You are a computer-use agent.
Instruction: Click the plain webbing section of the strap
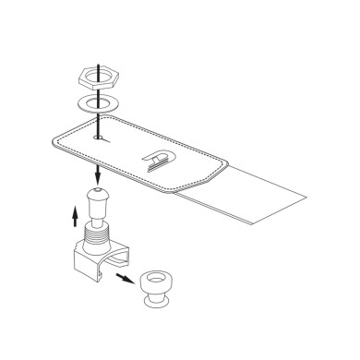(258, 194)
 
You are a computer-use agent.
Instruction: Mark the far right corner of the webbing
(308, 197)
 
